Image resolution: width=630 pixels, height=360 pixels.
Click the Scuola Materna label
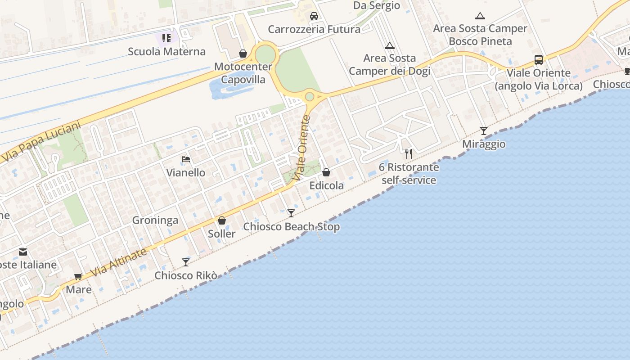coord(166,51)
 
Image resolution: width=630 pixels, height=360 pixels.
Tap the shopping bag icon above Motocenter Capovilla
coord(243,54)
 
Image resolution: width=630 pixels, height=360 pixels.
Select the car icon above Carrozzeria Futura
coord(314,17)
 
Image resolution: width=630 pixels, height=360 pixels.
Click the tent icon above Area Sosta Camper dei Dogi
coord(390,45)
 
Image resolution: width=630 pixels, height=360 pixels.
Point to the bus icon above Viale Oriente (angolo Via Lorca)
coord(539,60)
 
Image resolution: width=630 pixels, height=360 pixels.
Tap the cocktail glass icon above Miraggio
coord(484,131)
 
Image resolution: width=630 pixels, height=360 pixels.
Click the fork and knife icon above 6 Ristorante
coord(409,154)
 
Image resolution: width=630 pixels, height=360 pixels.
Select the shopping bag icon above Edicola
coord(326,172)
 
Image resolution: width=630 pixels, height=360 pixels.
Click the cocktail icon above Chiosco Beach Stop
coord(291,213)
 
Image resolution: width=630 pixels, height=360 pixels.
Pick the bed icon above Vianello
coord(186,159)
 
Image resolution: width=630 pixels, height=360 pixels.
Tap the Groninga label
coord(155,220)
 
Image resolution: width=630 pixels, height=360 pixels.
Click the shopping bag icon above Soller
coord(222,220)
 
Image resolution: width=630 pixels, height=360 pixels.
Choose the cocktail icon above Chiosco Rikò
coord(186,262)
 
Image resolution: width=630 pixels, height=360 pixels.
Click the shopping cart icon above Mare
coord(78,276)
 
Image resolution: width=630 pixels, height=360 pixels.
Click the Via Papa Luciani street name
coord(41,142)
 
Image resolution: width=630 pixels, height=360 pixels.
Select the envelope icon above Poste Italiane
coord(23,252)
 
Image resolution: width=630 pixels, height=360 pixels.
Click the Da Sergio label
coord(377,5)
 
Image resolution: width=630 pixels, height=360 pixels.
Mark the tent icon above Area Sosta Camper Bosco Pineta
coord(480,16)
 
